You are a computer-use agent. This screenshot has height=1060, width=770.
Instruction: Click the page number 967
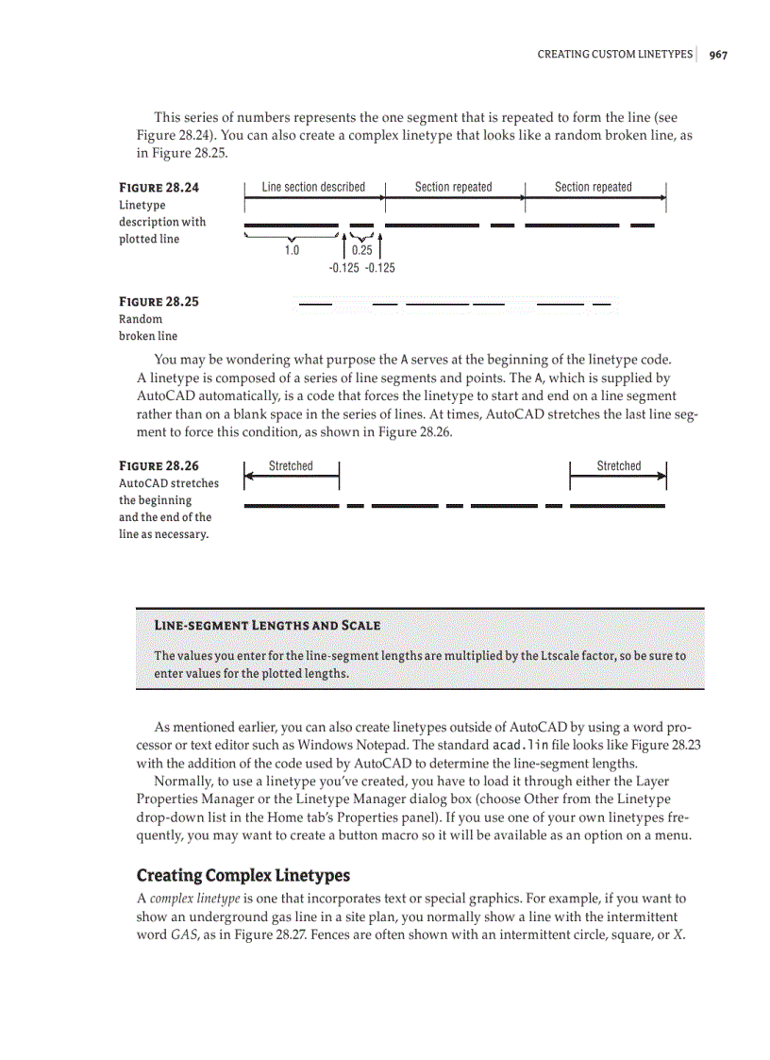[x=718, y=55]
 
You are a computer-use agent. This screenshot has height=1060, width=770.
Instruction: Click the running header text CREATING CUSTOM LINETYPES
[x=614, y=55]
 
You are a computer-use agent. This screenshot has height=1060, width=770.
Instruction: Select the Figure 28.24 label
[x=159, y=188]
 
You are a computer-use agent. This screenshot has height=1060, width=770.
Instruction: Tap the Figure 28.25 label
[x=159, y=302]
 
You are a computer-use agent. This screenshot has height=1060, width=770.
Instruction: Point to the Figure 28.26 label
[x=159, y=466]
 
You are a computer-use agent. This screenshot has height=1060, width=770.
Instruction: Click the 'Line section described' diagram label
[x=313, y=187]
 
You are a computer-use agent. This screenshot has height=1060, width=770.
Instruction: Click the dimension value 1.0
[x=292, y=251]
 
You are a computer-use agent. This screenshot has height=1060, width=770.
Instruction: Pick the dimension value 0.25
[x=361, y=251]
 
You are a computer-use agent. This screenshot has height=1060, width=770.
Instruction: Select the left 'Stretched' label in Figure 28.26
[x=291, y=466]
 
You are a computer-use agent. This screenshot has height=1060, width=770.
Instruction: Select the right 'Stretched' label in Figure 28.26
[x=618, y=466]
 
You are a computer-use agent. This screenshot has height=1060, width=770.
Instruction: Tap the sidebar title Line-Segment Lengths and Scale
[x=267, y=626]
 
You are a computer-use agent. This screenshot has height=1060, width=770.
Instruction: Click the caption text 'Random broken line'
[x=147, y=328]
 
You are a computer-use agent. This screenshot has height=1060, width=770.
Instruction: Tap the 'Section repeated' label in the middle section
[x=453, y=187]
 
